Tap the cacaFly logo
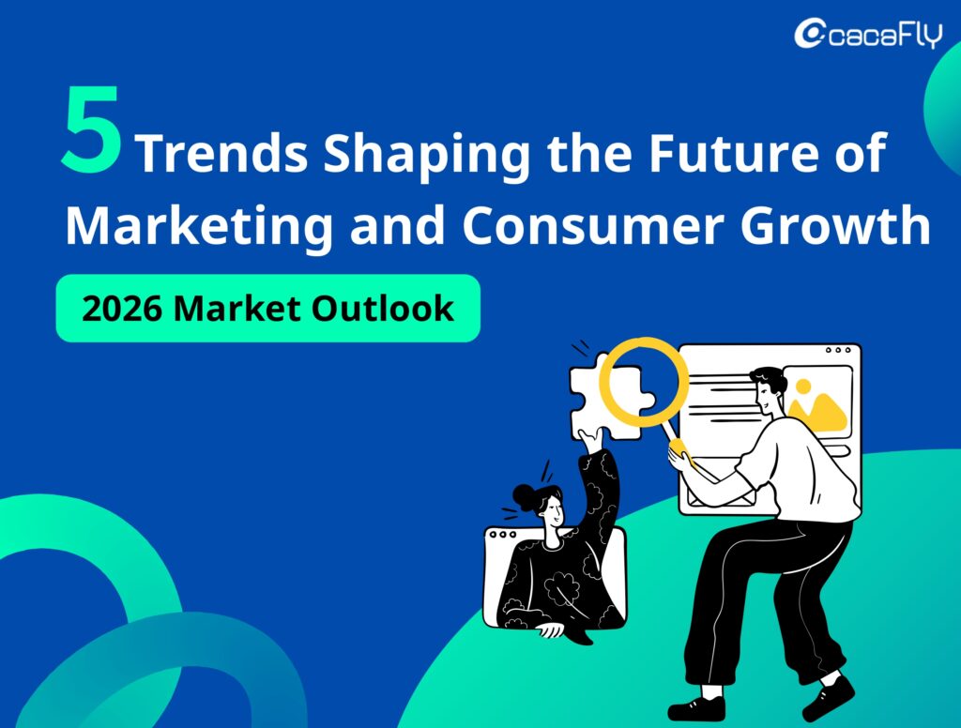[866, 34]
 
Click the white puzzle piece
[601, 399]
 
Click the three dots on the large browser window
[837, 351]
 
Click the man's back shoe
[829, 695]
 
